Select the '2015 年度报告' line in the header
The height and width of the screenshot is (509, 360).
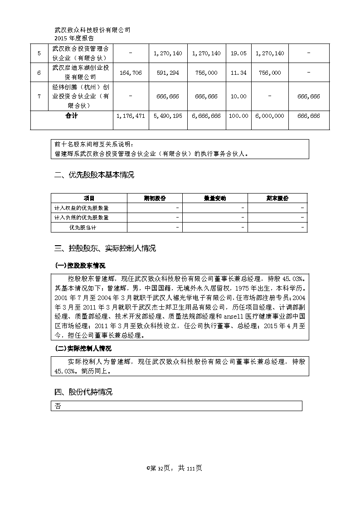click(74, 39)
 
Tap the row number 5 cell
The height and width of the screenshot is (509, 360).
click(39, 53)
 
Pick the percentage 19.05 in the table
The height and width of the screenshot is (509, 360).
click(238, 53)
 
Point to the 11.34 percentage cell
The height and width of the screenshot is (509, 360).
click(238, 73)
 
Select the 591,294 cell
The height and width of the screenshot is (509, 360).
click(168, 73)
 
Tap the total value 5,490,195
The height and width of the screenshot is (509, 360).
click(168, 116)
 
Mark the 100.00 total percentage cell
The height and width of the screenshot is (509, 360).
click(238, 116)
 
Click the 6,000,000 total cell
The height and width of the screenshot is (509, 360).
click(270, 116)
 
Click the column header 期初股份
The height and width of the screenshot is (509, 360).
click(155, 199)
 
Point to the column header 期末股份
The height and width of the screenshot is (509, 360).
click(277, 199)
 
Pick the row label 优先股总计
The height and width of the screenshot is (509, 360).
click(83, 227)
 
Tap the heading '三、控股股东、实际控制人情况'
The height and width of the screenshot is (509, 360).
click(105, 248)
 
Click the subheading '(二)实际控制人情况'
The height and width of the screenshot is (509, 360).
click(83, 349)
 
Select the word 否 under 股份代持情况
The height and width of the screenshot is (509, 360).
click(58, 407)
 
